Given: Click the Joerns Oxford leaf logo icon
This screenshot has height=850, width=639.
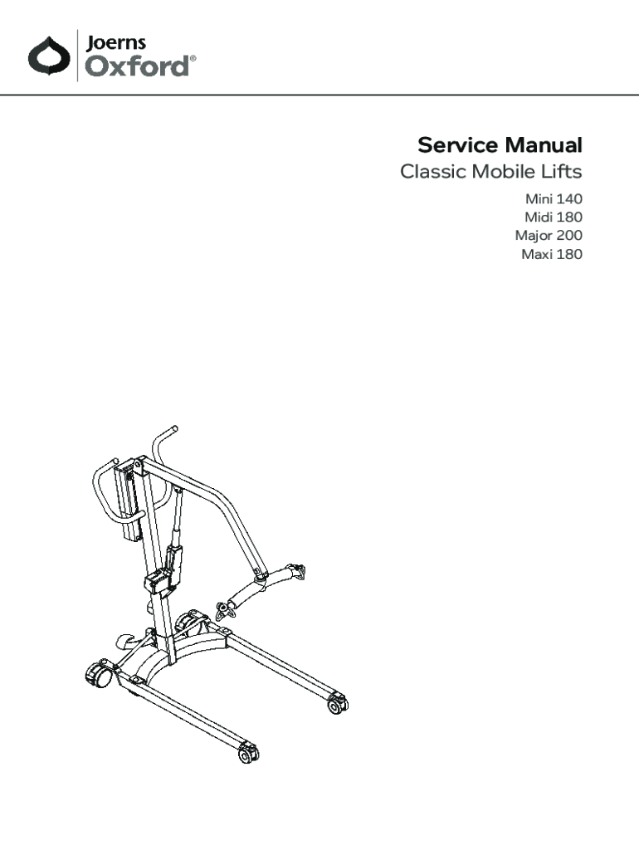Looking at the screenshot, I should click(47, 56).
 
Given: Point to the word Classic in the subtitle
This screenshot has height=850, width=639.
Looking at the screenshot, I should click(432, 173).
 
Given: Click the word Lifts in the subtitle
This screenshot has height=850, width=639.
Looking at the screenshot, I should click(560, 173).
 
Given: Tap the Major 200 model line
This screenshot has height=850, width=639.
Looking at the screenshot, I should click(548, 236).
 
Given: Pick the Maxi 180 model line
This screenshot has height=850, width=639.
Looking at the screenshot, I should click(551, 254).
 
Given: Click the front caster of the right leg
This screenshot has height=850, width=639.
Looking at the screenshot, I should click(336, 705).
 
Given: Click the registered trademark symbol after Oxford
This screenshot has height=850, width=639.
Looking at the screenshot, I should click(194, 59).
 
